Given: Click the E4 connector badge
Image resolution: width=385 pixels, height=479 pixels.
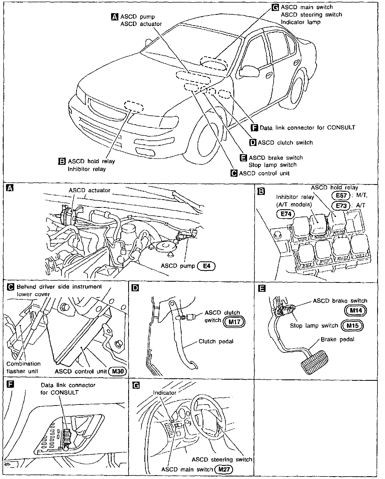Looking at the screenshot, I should tap(206, 266).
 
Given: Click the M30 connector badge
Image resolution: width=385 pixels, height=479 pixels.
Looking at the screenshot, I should tap(118, 371).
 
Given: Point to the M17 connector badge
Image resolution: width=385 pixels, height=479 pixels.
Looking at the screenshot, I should tap(234, 322).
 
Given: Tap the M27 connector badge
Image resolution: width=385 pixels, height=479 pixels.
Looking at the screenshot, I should tap(224, 469).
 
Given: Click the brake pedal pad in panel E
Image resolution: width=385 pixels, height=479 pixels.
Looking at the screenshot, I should tap(314, 363).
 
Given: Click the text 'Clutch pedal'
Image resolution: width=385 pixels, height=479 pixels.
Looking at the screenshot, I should tap(216, 341).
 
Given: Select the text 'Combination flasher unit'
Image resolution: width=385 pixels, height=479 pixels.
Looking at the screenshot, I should tap(24, 367).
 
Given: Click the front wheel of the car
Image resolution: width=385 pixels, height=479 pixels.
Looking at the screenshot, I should tap(209, 140).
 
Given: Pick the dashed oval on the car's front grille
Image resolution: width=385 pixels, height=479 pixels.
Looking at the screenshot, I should tap(133, 107).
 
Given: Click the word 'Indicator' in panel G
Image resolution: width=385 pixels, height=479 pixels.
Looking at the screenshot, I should tap(165, 393).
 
